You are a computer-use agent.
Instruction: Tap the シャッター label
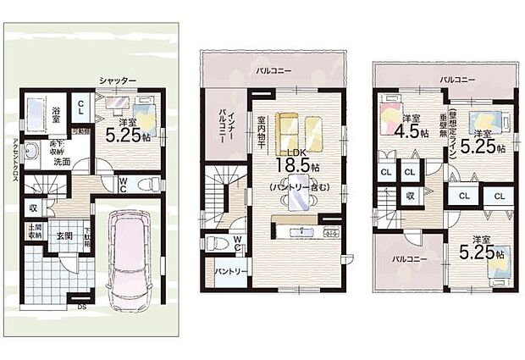pos(117,80)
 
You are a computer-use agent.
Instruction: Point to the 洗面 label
pos(62,161)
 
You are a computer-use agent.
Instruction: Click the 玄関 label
pos(64,235)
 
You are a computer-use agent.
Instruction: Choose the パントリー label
pos(225,272)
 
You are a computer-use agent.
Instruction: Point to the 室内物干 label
pos(262,130)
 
